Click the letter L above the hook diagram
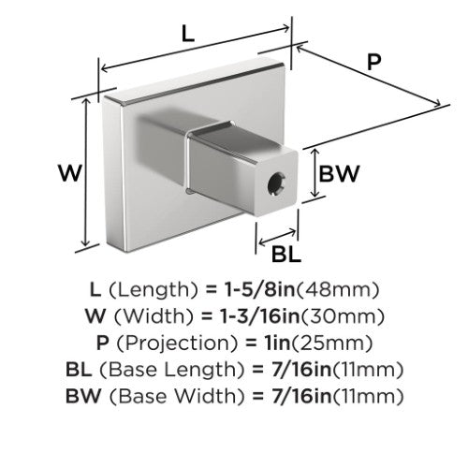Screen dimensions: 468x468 pos(188,34)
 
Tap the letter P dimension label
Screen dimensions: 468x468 pos(373,62)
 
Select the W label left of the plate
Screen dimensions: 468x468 pos(70,173)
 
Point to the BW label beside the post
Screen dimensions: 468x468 pos(339,173)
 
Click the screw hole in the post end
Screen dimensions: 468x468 pos(276,185)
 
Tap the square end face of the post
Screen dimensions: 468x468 pos(276,183)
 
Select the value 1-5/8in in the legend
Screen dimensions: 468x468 pos(259,289)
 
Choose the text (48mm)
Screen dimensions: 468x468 pos(337,290)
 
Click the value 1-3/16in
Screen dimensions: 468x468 pos(259,316)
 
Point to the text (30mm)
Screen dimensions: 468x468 pos(342,316)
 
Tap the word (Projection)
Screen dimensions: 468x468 pos(178,344)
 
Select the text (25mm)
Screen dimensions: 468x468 pos(332,344)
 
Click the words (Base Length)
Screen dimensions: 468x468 pos(171,370)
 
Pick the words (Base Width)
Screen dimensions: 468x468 pos(177,396)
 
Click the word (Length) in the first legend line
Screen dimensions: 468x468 pos(154,290)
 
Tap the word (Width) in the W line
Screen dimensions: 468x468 pos(154,316)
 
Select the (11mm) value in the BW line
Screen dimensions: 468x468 pos(368,396)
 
